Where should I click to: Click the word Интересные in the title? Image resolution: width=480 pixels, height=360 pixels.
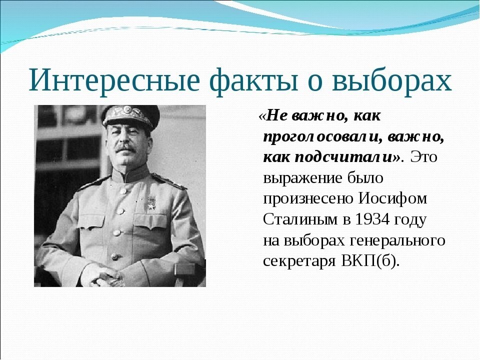[x=114, y=80]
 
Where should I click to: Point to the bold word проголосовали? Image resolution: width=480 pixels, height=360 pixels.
[x=320, y=137]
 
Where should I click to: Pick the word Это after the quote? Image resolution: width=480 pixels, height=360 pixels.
[x=423, y=157]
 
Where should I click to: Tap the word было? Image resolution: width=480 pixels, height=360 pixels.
[x=365, y=177]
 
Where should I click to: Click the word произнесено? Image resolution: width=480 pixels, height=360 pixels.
[x=308, y=198]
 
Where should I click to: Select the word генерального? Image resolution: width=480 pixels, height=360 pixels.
[x=397, y=240]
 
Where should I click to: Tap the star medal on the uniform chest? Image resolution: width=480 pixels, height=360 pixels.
[x=151, y=202]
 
